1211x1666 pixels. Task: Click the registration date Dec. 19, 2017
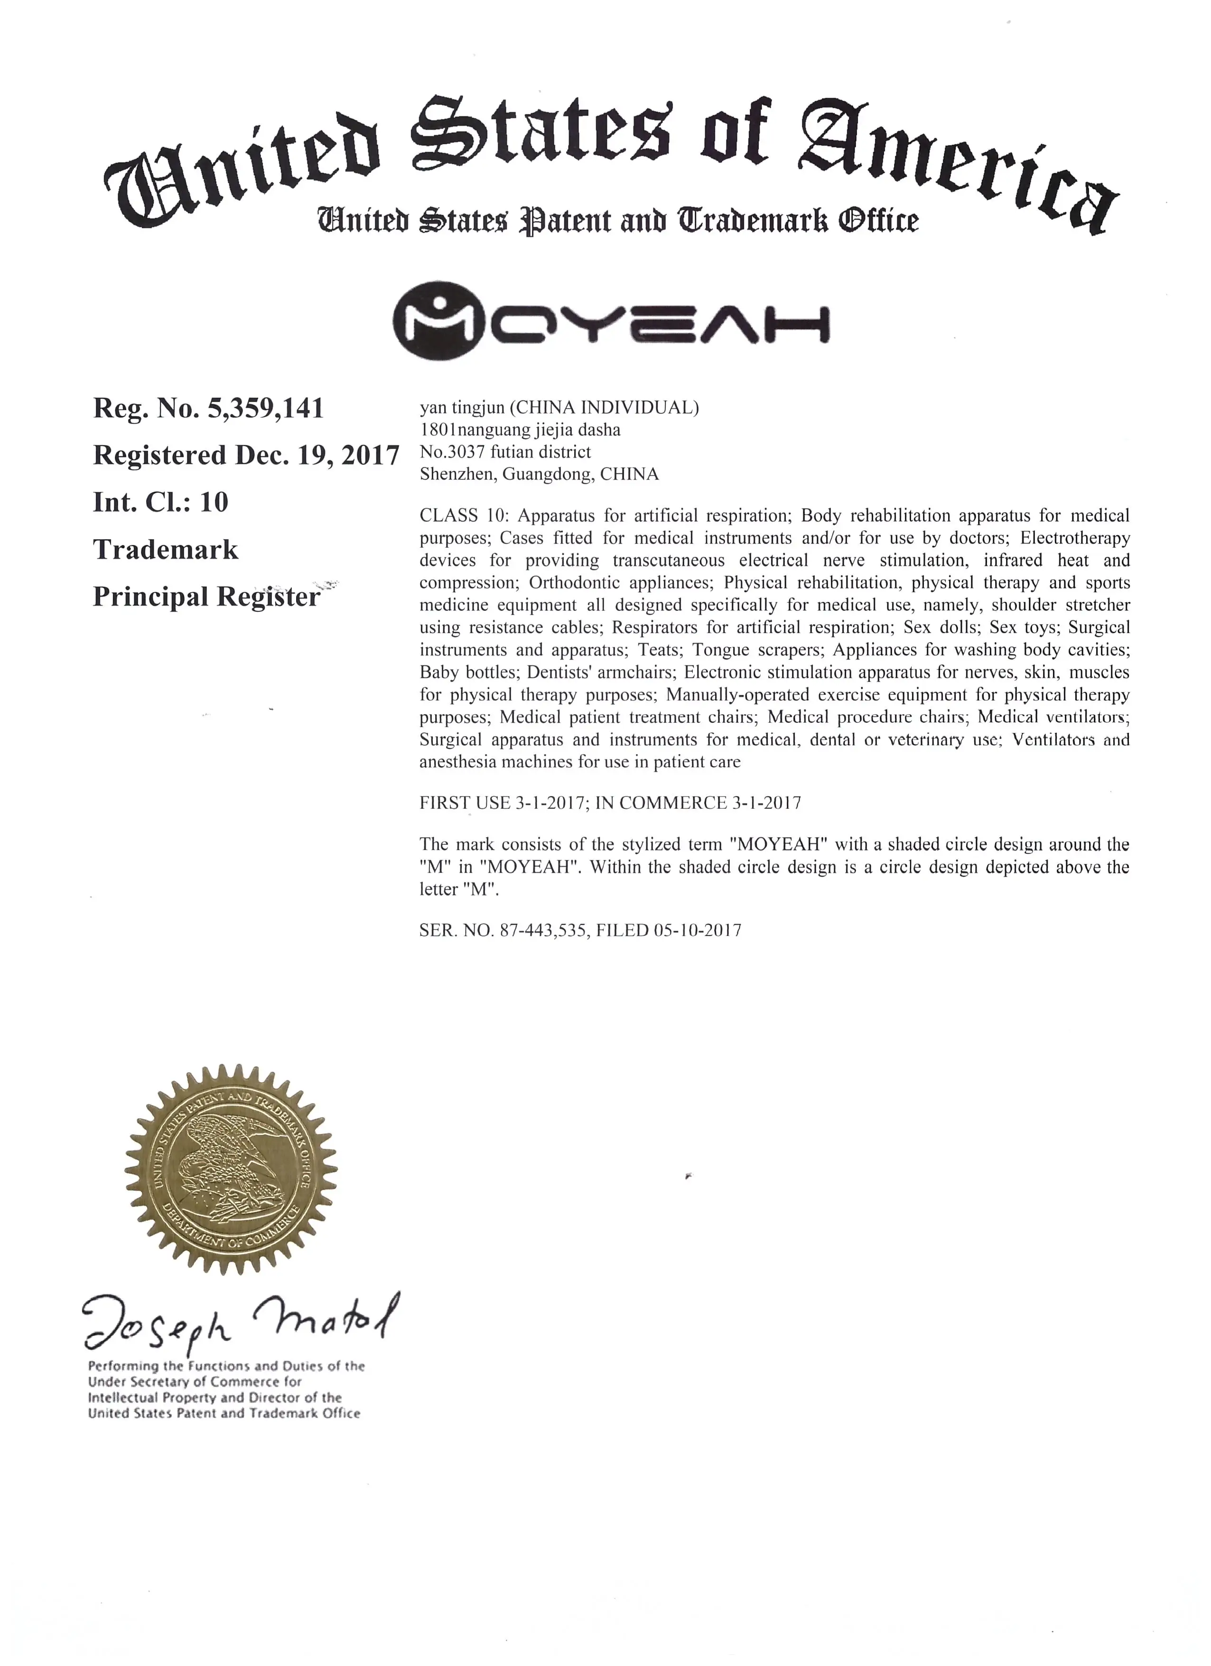point(317,456)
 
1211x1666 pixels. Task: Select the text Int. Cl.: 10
point(160,503)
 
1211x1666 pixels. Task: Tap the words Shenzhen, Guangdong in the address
point(507,475)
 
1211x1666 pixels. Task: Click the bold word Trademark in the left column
point(165,550)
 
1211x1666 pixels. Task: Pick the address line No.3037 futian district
point(505,452)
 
